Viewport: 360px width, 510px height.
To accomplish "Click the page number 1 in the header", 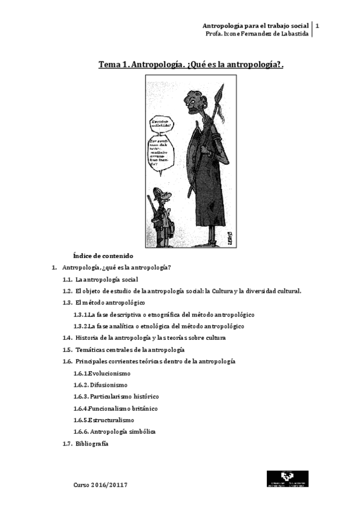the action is click(x=317, y=26).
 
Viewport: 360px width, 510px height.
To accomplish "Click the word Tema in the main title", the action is click(x=112, y=64).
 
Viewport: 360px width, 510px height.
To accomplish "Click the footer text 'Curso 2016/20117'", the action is click(x=100, y=484).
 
